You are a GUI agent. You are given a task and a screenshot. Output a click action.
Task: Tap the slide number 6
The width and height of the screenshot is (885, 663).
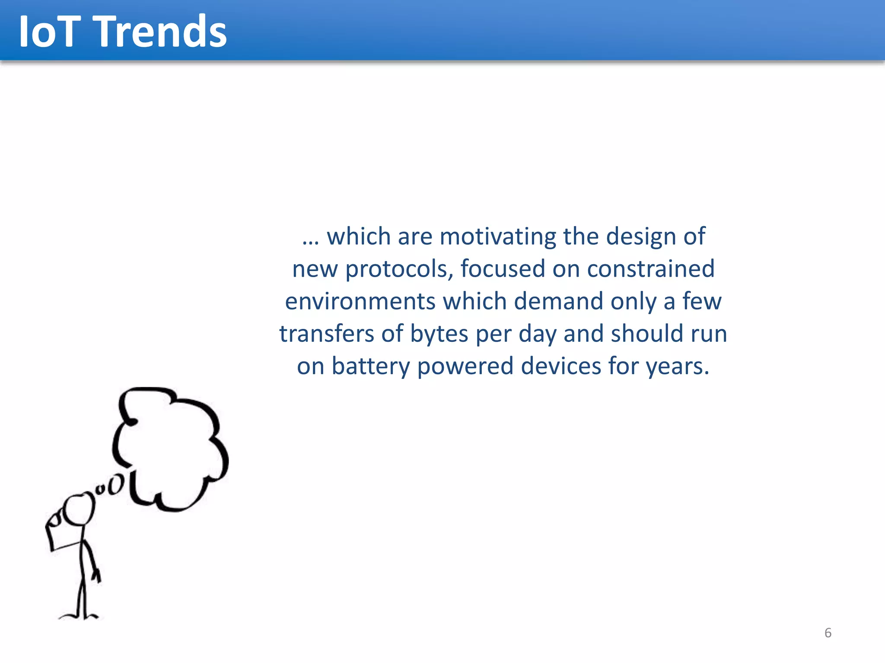tap(828, 633)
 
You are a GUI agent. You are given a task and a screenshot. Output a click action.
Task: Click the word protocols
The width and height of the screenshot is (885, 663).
tap(398, 269)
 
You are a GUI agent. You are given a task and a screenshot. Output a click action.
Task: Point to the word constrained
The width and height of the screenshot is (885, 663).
tap(650, 268)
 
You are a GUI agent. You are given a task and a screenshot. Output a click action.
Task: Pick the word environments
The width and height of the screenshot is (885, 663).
tap(360, 301)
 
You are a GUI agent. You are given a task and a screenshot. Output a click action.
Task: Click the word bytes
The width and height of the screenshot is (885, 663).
tap(439, 334)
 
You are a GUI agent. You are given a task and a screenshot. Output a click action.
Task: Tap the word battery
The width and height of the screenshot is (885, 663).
tap(370, 366)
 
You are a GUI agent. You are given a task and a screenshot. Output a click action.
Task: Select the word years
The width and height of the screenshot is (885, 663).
tap(678, 366)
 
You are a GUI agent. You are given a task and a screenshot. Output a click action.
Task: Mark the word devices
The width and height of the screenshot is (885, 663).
tap(561, 366)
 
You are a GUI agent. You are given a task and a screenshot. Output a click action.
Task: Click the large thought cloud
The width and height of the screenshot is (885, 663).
tap(171, 449)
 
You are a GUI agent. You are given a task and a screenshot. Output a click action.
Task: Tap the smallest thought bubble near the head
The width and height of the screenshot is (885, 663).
tap(100, 489)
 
